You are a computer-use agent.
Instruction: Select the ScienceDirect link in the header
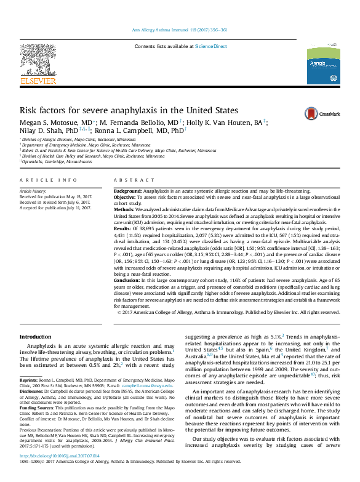(x=211, y=46)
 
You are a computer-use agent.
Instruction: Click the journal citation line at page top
(x=180, y=30)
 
